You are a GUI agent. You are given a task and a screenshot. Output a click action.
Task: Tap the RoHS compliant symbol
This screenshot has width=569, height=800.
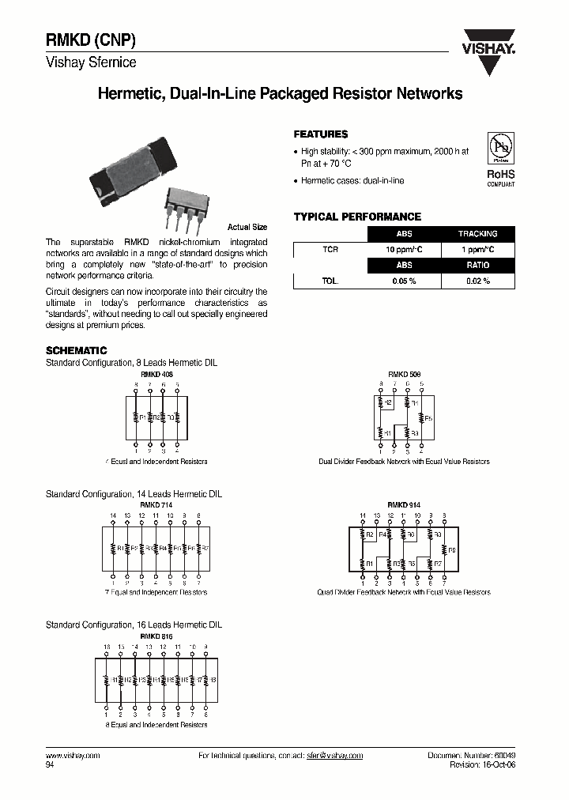click(500, 158)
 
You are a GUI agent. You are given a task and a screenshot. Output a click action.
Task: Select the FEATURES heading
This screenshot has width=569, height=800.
click(321, 134)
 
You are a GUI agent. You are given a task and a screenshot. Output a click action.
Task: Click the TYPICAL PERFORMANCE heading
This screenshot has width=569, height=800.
click(357, 217)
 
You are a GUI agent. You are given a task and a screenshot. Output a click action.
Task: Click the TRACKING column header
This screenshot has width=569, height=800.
click(477, 234)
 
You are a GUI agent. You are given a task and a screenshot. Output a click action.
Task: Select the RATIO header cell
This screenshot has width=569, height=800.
click(477, 266)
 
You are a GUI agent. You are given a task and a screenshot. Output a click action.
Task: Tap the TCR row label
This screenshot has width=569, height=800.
click(330, 250)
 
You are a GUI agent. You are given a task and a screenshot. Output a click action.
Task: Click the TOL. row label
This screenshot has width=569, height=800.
click(330, 281)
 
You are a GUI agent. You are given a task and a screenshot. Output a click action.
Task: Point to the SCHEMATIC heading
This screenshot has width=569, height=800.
click(76, 350)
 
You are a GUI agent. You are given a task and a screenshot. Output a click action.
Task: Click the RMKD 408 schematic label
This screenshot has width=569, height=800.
click(156, 373)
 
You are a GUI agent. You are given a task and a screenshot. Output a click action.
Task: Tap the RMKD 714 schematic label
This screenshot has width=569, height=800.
click(156, 504)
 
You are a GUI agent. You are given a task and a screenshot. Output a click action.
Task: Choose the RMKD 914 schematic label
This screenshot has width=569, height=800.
click(402, 504)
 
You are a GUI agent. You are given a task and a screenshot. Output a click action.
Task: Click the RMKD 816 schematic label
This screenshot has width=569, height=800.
click(156, 636)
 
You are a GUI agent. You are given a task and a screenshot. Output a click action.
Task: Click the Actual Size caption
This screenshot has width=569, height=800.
click(247, 227)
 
